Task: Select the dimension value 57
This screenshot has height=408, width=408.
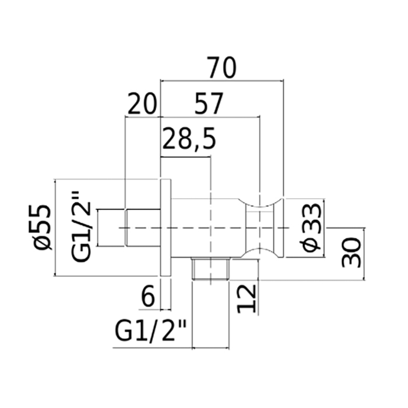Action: click(x=208, y=105)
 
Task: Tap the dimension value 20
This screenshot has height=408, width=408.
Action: click(x=143, y=105)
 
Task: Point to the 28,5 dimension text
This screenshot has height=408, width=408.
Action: click(x=189, y=140)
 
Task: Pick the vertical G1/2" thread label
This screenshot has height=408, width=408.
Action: click(x=81, y=227)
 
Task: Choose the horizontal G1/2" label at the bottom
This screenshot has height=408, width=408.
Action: click(x=150, y=334)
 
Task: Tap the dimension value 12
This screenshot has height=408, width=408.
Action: click(x=248, y=299)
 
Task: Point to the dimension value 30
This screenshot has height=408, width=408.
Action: click(x=352, y=248)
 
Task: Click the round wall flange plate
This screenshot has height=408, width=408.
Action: click(x=166, y=227)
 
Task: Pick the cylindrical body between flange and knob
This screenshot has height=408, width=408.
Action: click(x=207, y=227)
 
